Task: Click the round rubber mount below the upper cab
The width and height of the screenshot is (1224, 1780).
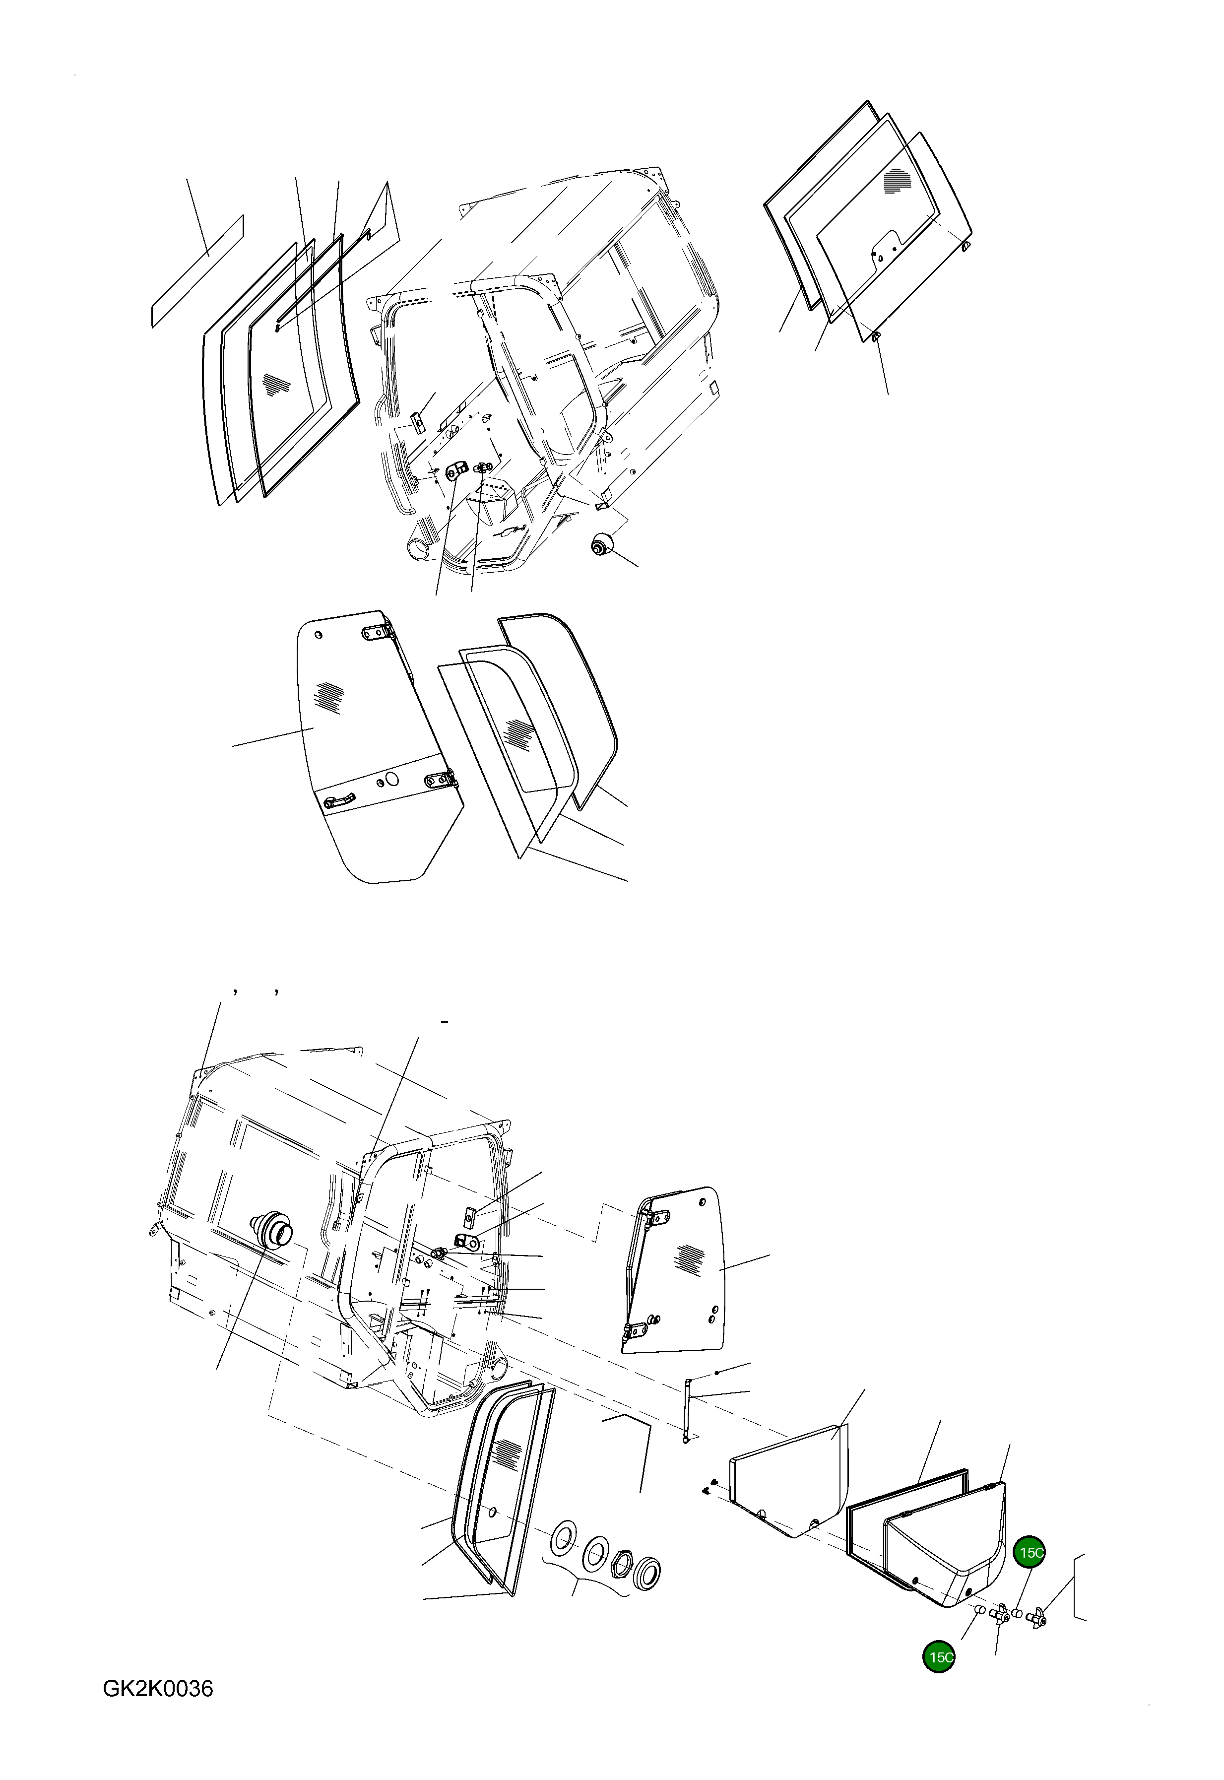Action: [599, 545]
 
